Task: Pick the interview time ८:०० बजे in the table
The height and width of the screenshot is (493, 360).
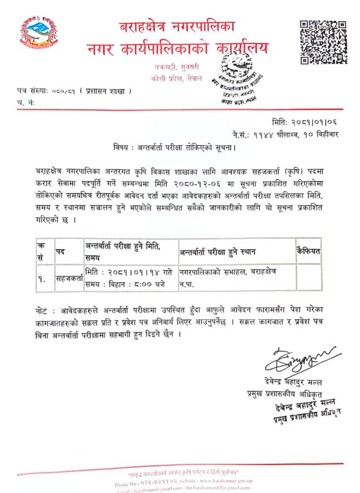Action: pyautogui.click(x=148, y=284)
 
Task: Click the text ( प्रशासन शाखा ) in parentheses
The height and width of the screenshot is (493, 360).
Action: pyautogui.click(x=107, y=90)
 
